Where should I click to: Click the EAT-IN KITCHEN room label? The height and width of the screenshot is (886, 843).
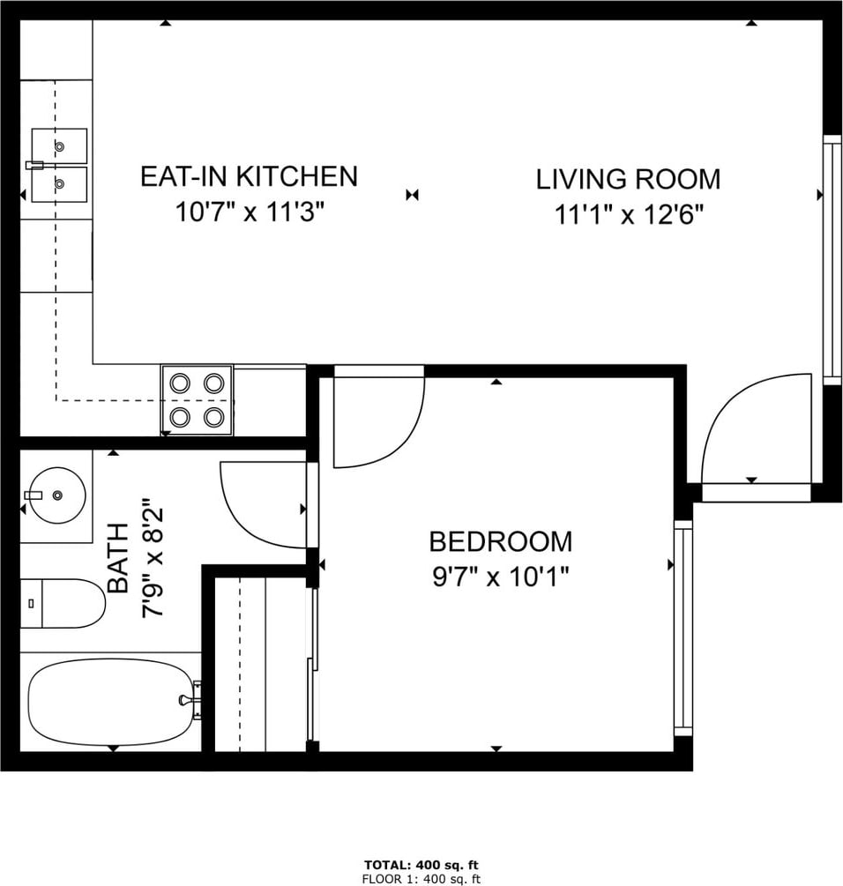[250, 176]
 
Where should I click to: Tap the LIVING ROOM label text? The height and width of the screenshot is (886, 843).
[629, 179]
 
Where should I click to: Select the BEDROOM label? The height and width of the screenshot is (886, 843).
[501, 541]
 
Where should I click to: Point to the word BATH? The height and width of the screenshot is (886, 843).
[117, 558]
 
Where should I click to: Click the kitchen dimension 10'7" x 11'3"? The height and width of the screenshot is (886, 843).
[250, 212]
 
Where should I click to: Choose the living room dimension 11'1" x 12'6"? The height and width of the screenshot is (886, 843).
[629, 215]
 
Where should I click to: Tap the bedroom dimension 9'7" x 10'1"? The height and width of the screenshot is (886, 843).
[501, 577]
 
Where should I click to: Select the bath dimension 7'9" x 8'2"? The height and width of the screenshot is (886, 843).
[153, 558]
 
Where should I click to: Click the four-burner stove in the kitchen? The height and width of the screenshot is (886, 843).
[197, 400]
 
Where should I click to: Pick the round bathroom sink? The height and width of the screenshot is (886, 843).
[57, 495]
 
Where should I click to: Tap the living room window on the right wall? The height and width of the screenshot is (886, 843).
[832, 260]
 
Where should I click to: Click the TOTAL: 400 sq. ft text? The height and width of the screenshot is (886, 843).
[421, 865]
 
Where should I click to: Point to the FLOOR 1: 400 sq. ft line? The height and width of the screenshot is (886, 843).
[421, 879]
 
